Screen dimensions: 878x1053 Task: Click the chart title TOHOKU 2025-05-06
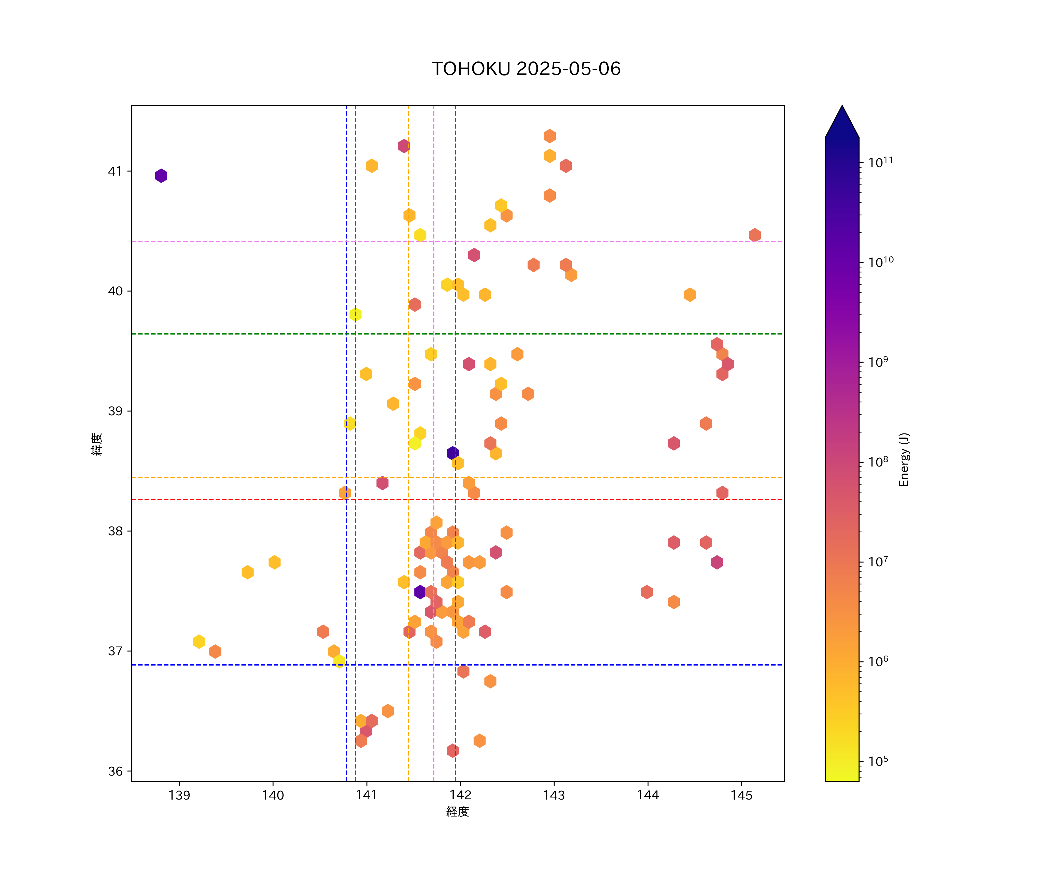coord(526,69)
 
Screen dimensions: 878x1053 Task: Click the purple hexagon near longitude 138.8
coord(161,176)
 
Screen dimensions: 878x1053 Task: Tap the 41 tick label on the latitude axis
coord(115,172)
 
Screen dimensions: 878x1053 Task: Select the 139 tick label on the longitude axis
coord(180,795)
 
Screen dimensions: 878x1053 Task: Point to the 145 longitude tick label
coord(741,795)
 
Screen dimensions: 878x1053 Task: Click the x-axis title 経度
coord(457,811)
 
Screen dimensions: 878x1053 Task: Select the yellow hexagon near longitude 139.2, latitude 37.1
coord(199,641)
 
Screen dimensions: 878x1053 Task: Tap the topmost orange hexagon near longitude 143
coord(550,136)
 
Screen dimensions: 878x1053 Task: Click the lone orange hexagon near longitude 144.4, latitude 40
coord(690,294)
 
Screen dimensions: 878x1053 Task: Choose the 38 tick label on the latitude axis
coord(115,531)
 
